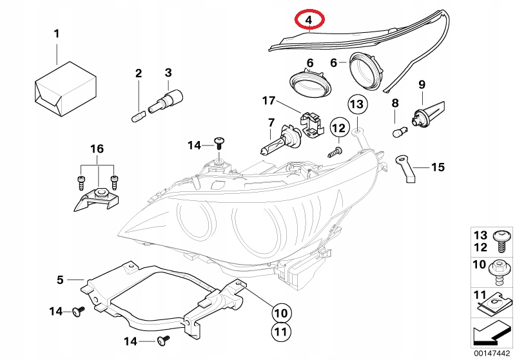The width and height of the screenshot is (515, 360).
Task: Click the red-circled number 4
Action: pos(309,20)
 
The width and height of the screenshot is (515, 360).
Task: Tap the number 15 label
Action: pos(438,167)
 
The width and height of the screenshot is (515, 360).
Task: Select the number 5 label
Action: pos(60,279)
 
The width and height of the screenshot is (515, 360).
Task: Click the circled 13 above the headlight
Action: pos(357,104)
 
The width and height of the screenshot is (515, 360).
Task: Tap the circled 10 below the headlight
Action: pos(278,314)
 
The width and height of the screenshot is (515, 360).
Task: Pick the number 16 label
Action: pos(96,149)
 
